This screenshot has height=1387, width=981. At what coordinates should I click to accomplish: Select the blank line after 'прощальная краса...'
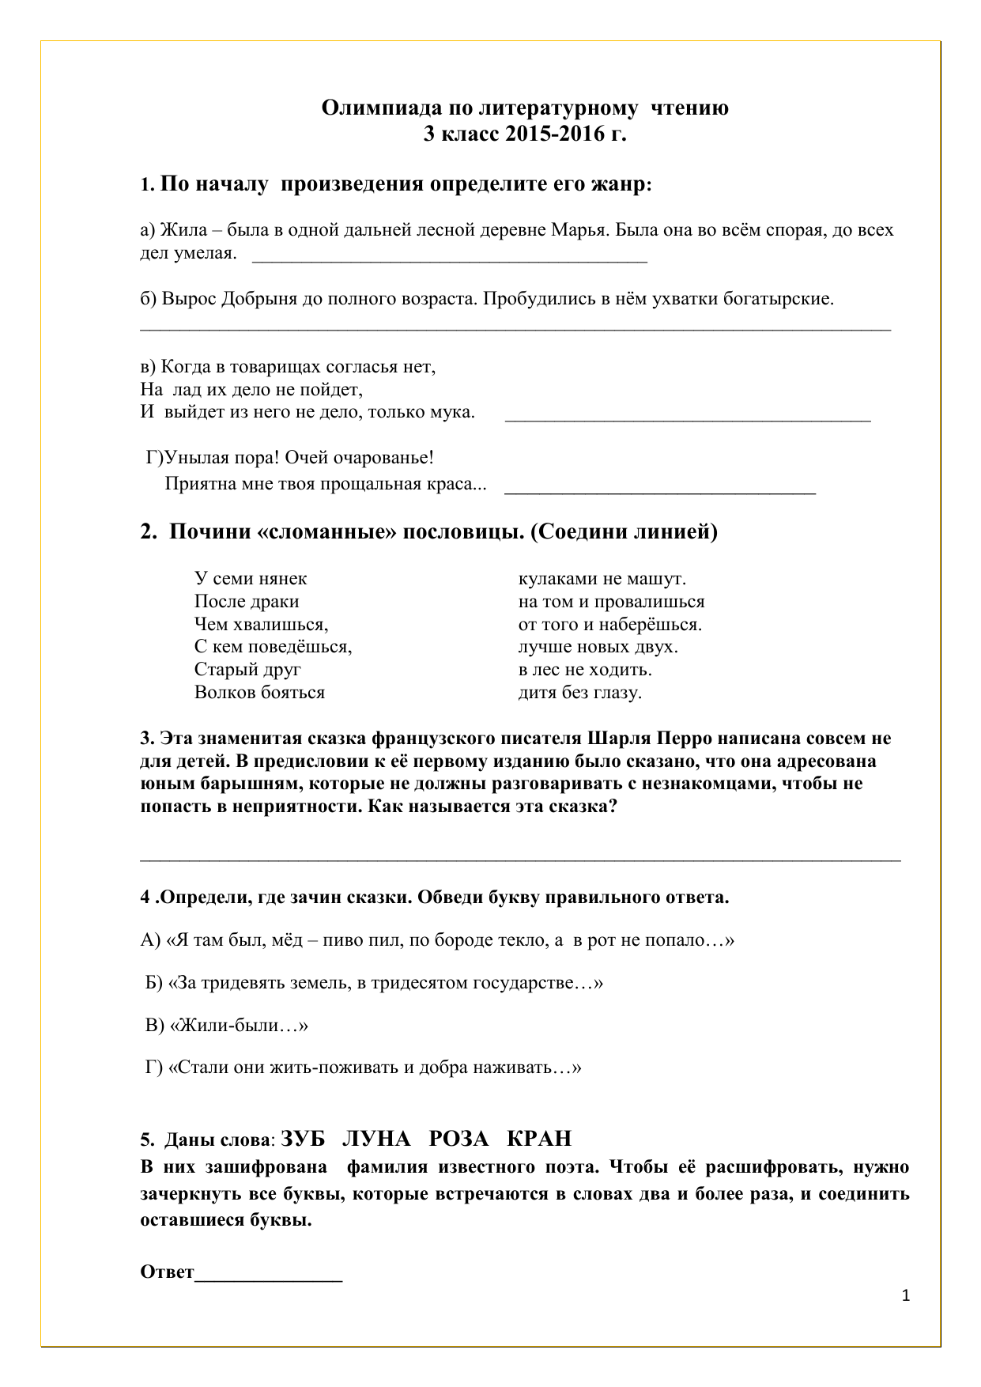click(x=659, y=491)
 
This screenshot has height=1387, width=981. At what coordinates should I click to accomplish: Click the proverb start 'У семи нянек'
click(x=251, y=579)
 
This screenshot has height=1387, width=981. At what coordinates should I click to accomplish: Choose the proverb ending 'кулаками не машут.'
click(x=602, y=579)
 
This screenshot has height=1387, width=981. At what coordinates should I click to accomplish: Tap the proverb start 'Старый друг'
click(x=247, y=670)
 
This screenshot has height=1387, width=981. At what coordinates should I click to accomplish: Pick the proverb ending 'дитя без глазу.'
click(x=579, y=693)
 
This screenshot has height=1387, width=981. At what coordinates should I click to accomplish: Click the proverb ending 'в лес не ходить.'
click(x=585, y=670)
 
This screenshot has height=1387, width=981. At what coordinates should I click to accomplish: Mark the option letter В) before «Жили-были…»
click(x=155, y=1026)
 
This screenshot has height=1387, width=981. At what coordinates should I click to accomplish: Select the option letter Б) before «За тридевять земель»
click(x=155, y=983)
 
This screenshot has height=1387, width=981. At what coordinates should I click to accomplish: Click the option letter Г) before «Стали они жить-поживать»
click(x=154, y=1068)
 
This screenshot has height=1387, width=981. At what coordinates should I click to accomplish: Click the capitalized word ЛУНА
click(x=376, y=1139)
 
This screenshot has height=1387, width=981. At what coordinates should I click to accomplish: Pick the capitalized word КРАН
click(x=538, y=1139)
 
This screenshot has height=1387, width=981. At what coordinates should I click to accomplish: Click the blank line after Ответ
click(x=269, y=1274)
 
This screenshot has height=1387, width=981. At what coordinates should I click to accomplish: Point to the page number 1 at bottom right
click(x=906, y=1296)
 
